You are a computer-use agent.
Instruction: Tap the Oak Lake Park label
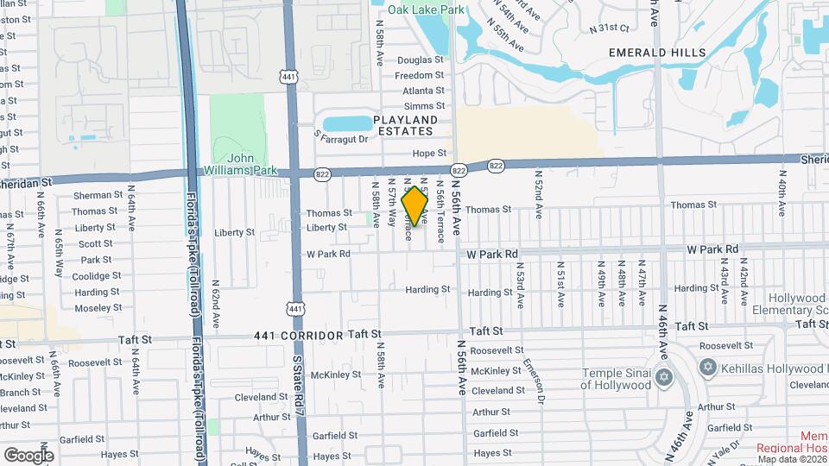pos(426,9)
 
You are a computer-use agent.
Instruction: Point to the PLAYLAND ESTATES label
pos(404,125)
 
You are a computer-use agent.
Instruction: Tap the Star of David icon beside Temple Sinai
pos(663,377)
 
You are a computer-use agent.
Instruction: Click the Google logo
pos(28,455)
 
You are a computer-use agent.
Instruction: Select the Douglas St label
pos(420,60)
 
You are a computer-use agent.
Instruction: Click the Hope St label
pos(427,154)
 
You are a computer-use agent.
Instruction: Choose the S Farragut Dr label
pos(341,138)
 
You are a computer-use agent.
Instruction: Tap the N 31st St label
pos(610,29)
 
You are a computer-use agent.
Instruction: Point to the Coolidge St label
pos(97,276)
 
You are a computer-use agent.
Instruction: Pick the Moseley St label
pos(97,308)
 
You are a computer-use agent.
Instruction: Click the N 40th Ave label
pos(781,197)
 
